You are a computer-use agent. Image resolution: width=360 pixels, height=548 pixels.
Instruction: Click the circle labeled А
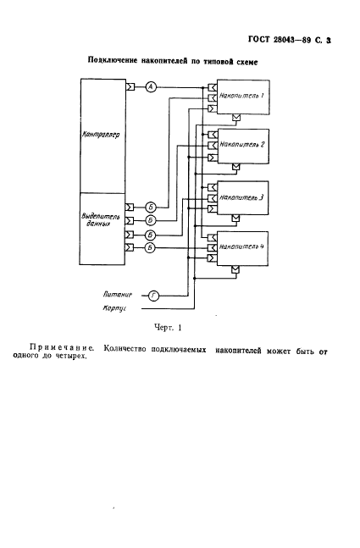pos(151,86)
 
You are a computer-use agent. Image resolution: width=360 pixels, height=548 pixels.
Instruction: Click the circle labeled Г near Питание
pos(153,296)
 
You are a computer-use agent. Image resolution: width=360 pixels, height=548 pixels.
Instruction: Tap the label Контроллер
pos(101,135)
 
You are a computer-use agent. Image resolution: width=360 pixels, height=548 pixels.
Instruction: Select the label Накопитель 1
pos(241,96)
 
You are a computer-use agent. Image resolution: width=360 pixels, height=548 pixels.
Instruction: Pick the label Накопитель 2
pos(242,144)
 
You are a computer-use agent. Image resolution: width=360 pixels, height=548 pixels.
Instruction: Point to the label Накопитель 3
pos(241,197)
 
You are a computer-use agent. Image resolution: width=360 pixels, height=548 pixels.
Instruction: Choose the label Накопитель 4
pos(241,246)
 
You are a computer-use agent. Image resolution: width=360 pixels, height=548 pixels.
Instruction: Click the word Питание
pos(118,295)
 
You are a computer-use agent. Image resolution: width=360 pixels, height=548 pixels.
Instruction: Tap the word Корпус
pos(114,308)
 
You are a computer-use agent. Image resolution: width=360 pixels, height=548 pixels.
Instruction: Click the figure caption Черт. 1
pos(168,328)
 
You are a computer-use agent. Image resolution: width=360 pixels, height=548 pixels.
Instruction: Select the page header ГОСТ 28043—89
pos(280,40)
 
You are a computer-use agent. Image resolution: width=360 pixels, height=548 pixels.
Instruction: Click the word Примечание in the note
pos(62,348)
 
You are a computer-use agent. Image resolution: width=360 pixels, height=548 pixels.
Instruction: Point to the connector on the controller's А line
pos(130,86)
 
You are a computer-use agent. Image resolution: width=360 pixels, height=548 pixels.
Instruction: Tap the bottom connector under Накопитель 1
pos(236,118)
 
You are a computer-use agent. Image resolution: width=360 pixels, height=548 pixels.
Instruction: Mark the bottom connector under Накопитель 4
pos(236,269)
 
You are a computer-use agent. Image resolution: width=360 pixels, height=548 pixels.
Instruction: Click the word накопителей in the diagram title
pos(163,61)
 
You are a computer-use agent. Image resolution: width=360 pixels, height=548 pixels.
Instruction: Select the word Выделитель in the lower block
pos(96,217)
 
